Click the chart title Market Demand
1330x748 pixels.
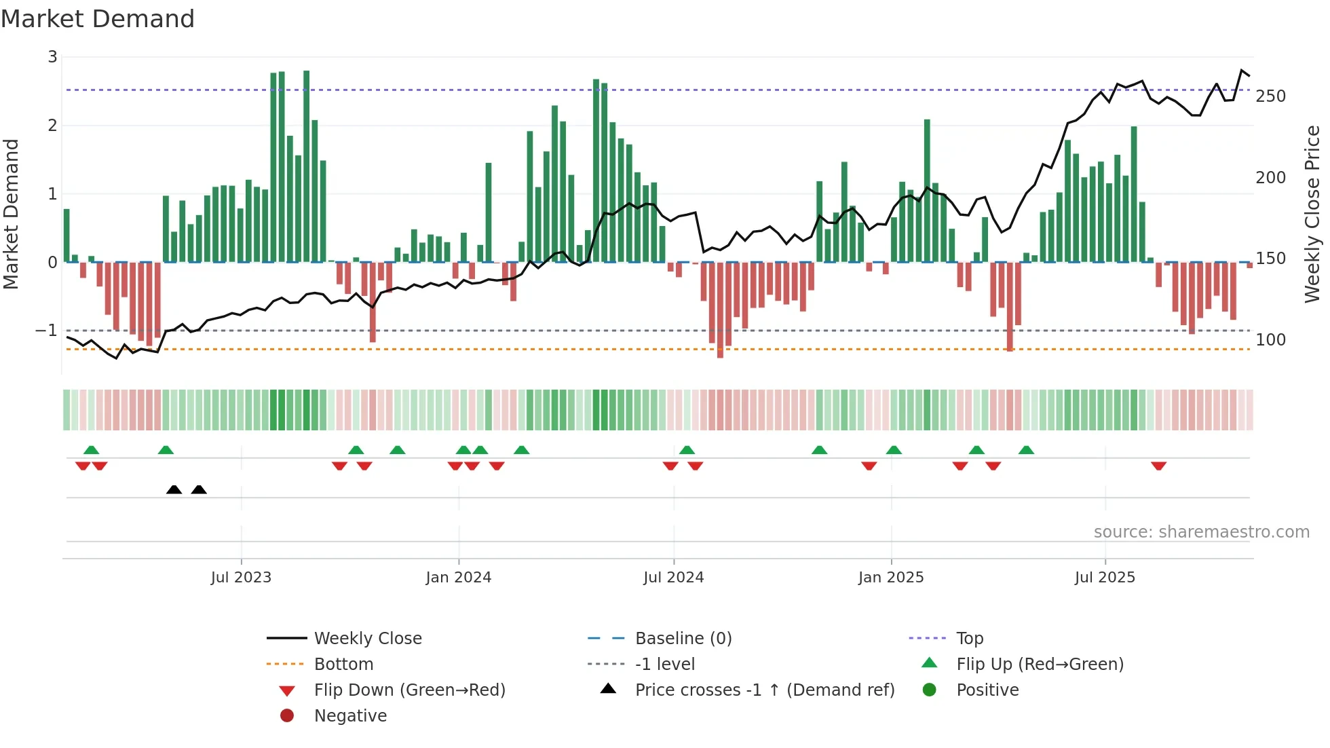98,19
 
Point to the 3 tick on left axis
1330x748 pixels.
52,57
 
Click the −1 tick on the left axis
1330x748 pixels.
47,331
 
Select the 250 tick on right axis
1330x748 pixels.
1270,96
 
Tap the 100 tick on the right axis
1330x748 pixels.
1270,339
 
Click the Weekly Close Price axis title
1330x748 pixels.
1312,214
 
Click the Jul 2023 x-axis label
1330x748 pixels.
241,578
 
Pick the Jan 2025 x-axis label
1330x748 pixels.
890,578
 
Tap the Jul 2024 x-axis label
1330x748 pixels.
673,578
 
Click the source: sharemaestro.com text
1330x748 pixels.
1201,532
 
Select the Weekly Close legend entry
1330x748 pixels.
368,639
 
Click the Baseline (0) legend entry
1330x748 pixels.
683,639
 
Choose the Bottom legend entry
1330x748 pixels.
343,665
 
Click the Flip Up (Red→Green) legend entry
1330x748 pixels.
1040,665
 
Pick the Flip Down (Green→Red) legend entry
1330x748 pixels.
409,690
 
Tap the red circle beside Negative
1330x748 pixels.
287,716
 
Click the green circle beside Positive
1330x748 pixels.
930,690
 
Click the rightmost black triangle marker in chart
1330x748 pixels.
199,490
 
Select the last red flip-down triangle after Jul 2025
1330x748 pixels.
1158,466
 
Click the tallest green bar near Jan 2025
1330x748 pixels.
927,190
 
